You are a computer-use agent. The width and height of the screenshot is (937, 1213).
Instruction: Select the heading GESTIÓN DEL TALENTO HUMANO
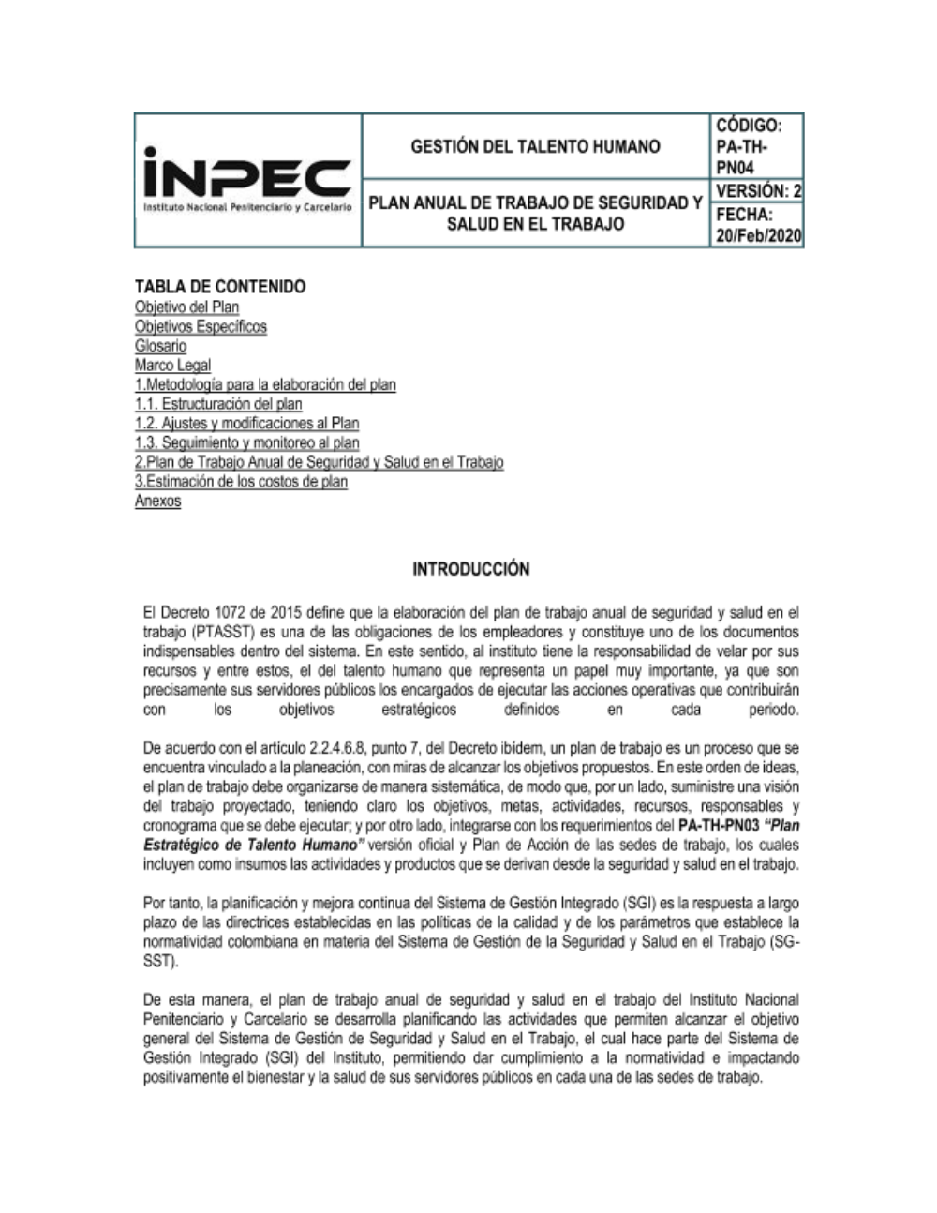pyautogui.click(x=535, y=146)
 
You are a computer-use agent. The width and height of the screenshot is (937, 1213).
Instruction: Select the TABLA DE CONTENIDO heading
pyautogui.click(x=220, y=286)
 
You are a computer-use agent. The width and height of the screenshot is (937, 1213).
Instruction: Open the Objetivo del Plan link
pyautogui.click(x=186, y=307)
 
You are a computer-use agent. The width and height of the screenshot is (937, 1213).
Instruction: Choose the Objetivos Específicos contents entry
pyautogui.click(x=201, y=327)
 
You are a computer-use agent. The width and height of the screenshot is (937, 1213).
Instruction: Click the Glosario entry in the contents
pyautogui.click(x=160, y=346)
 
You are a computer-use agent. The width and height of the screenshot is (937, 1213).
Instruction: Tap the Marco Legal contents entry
pyautogui.click(x=172, y=366)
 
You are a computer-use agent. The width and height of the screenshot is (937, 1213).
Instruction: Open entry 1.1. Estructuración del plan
pyautogui.click(x=218, y=404)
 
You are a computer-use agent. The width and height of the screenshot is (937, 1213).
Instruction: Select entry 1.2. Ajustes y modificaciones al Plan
pyautogui.click(x=246, y=424)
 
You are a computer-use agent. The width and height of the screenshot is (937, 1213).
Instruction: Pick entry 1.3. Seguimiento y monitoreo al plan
pyautogui.click(x=246, y=442)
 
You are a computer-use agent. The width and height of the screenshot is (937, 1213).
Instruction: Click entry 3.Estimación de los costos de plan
pyautogui.click(x=241, y=482)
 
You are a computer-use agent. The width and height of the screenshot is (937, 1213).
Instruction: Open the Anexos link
pyautogui.click(x=157, y=502)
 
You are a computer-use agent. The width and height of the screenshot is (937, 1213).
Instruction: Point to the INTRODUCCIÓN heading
pyautogui.click(x=470, y=569)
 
